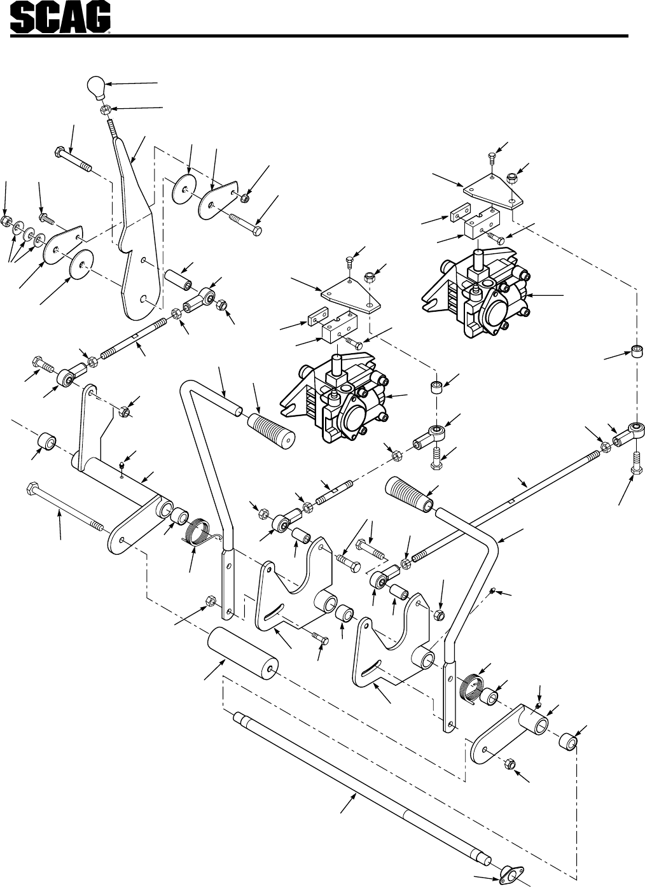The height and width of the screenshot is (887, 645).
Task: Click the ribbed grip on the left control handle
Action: (x=272, y=432)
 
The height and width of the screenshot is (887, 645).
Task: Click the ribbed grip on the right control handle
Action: (x=409, y=494)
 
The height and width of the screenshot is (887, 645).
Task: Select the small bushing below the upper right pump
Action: (x=636, y=351)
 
